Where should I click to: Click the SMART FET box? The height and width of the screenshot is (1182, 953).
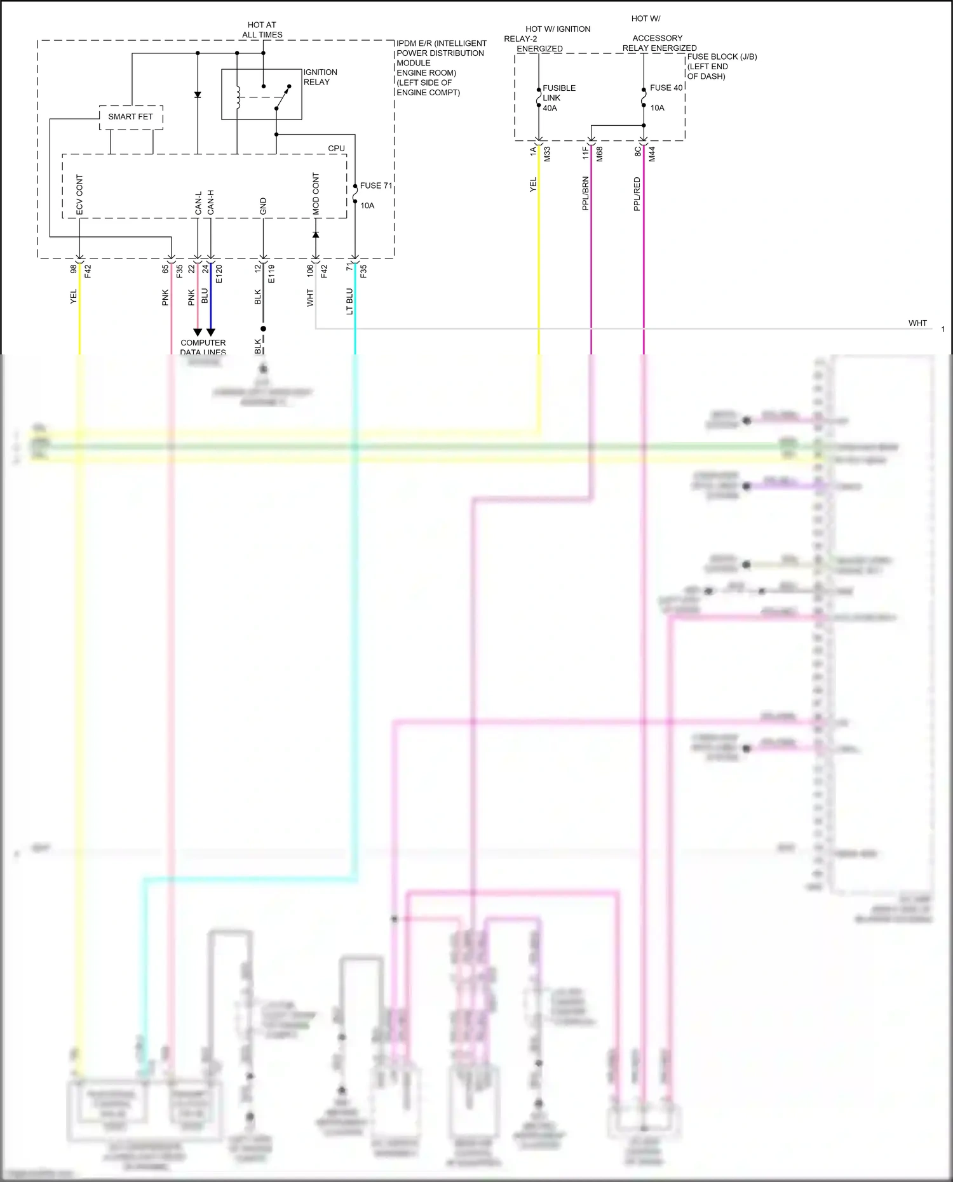click(x=130, y=117)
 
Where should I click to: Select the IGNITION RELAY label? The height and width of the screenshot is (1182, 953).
click(x=320, y=77)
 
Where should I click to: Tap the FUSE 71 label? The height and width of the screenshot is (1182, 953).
click(x=376, y=186)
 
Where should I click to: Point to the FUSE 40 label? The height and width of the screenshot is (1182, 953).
click(x=666, y=88)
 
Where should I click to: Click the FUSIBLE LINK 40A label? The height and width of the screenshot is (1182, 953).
click(x=558, y=98)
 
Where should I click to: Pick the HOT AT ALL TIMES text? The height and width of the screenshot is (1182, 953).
click(x=262, y=30)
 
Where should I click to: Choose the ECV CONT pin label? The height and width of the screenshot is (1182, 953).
click(x=79, y=194)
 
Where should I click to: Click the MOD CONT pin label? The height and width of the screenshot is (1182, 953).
click(x=316, y=193)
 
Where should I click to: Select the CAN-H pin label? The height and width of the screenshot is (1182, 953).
click(x=211, y=202)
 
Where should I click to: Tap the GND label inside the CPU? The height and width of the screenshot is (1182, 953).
click(x=263, y=206)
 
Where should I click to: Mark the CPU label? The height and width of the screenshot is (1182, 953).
click(x=336, y=149)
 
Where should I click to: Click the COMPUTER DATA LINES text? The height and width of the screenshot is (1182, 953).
click(x=203, y=347)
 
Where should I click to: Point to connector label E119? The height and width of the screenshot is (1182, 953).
click(x=271, y=274)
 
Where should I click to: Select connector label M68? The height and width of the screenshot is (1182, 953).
click(x=599, y=154)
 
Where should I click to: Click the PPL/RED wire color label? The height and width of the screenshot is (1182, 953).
click(x=637, y=194)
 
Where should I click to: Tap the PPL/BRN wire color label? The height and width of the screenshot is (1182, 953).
click(x=585, y=194)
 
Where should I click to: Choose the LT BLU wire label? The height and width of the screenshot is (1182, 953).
click(x=349, y=301)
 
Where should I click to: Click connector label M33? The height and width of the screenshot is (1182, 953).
click(x=547, y=154)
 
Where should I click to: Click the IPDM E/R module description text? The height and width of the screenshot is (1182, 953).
click(x=441, y=68)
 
